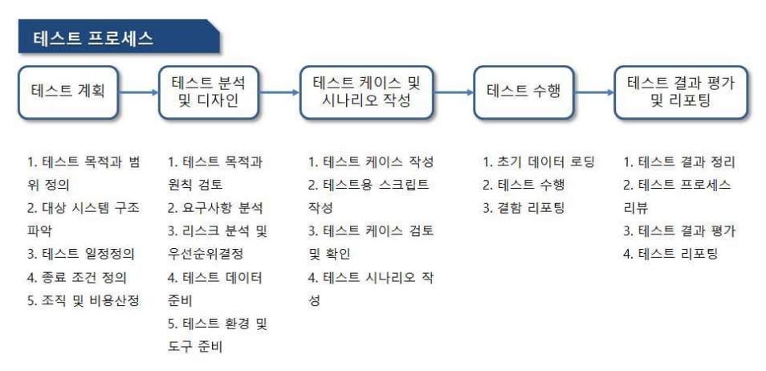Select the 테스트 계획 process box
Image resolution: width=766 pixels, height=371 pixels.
click(70, 92)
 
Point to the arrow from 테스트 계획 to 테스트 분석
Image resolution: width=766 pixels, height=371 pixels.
click(139, 92)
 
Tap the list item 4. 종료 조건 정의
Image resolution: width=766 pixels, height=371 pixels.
click(77, 277)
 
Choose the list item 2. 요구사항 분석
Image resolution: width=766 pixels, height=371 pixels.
click(215, 208)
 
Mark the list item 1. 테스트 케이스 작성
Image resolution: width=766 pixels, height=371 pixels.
click(371, 161)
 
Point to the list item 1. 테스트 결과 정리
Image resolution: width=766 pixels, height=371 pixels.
click(679, 161)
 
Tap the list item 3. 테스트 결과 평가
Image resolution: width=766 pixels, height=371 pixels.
click(679, 231)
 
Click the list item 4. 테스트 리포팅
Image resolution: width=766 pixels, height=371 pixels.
click(671, 255)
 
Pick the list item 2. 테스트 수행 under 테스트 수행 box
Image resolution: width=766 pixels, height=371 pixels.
click(524, 185)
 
